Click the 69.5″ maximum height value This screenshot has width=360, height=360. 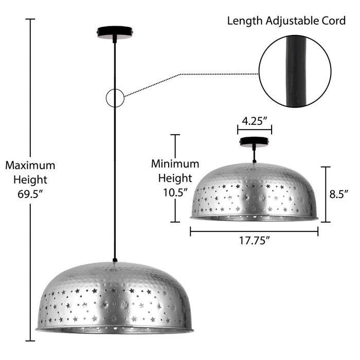[x=30, y=194]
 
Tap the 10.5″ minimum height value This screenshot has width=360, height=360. [x=175, y=192]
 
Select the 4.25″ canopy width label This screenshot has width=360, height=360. [x=255, y=121]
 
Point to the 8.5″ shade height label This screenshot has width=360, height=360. [x=339, y=194]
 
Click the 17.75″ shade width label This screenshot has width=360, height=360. [x=255, y=241]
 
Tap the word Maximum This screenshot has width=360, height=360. [x=30, y=165]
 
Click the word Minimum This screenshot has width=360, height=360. [x=175, y=164]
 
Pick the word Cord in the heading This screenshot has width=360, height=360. [x=334, y=21]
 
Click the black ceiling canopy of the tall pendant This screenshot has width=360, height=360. [x=115, y=32]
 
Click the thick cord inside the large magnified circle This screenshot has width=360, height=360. [x=296, y=71]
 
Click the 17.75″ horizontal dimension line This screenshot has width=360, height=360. [x=254, y=231]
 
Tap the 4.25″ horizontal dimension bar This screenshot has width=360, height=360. [x=255, y=130]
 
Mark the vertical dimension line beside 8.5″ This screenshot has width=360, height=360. [x=326, y=194]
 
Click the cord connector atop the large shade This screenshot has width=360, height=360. [x=115, y=260]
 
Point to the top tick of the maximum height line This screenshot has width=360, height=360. [x=30, y=19]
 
